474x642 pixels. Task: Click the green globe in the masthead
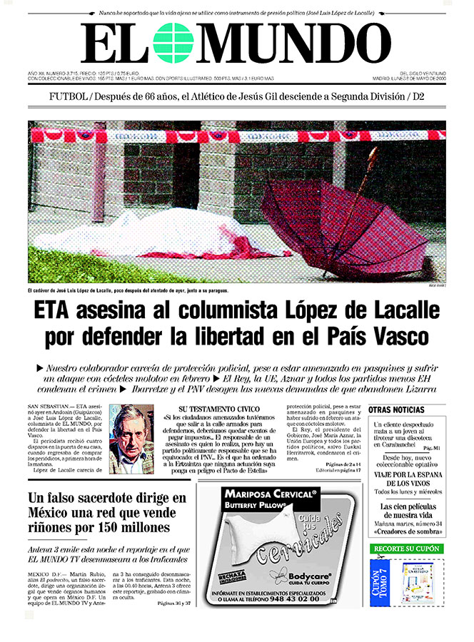point(173,43)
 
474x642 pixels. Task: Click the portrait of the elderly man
point(133,438)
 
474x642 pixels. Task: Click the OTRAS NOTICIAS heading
point(397,410)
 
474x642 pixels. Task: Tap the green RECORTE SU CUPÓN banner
point(407,549)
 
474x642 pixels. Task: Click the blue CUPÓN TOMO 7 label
point(380,581)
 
